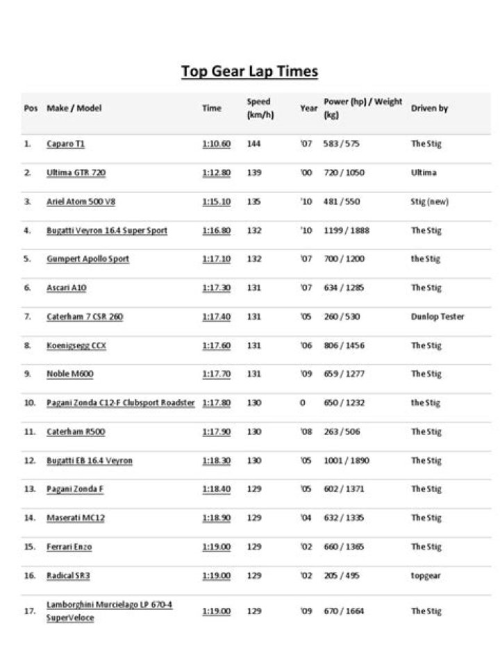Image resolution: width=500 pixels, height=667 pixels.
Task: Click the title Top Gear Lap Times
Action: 249,72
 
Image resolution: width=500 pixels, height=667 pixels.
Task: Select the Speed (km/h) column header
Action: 260,108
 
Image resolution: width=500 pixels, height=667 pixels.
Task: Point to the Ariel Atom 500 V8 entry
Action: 81,201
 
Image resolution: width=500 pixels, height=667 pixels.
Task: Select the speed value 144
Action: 253,144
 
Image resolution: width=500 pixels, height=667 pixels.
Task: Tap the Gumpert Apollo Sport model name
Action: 87,259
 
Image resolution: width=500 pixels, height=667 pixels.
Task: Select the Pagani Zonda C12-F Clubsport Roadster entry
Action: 120,403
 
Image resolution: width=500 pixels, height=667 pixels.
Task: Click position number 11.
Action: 29,431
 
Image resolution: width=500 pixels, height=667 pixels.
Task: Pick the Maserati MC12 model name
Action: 76,518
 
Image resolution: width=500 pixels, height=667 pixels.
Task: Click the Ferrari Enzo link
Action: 69,547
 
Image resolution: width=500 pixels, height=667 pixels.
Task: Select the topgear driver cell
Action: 426,575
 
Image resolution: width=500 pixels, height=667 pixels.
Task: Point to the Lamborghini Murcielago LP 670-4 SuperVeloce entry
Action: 109,611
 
